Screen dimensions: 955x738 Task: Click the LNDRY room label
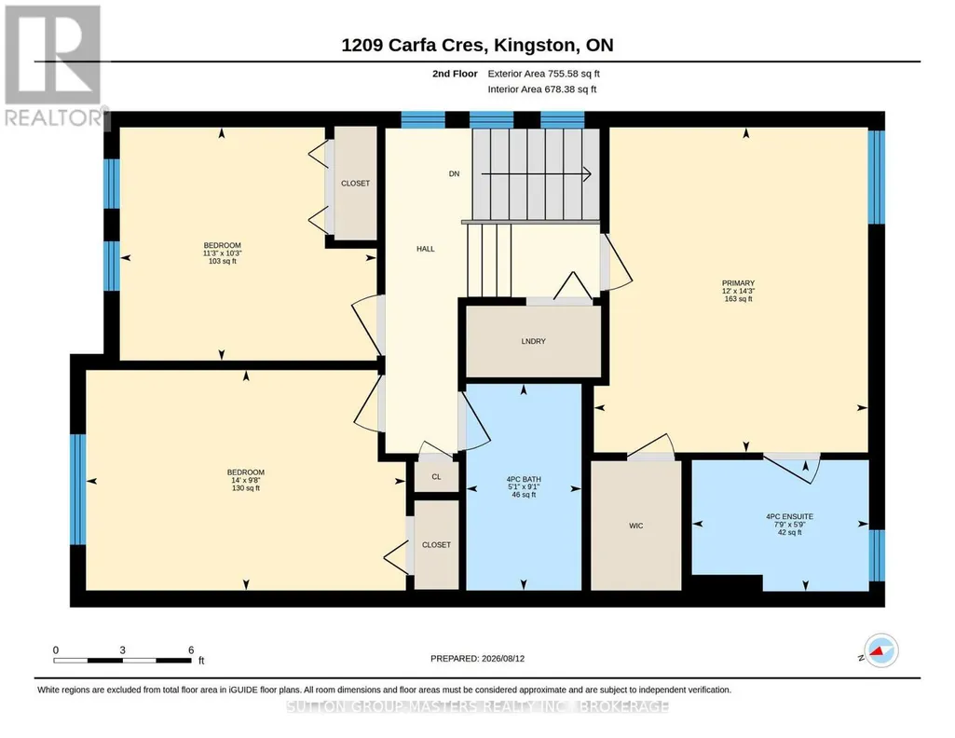pyautogui.click(x=534, y=341)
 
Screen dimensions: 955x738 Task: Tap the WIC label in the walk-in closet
pyautogui.click(x=635, y=526)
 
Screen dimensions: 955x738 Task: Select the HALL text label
pyautogui.click(x=426, y=249)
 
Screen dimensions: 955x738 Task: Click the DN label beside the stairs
pyautogui.click(x=454, y=173)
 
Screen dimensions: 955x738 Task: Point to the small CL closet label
pyautogui.click(x=436, y=477)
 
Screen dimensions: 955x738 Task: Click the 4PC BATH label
pyautogui.click(x=524, y=479)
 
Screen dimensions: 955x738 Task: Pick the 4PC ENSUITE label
pyautogui.click(x=789, y=516)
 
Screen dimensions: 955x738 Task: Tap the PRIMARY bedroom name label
pyautogui.click(x=738, y=283)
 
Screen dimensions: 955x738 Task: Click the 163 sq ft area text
pyautogui.click(x=738, y=299)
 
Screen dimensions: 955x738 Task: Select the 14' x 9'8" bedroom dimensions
pyautogui.click(x=246, y=480)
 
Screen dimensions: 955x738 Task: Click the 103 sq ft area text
pyautogui.click(x=223, y=261)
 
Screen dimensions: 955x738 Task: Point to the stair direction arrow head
pyautogui.click(x=587, y=174)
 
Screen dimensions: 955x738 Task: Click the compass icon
pyautogui.click(x=880, y=650)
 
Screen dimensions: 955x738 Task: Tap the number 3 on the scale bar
pyautogui.click(x=122, y=649)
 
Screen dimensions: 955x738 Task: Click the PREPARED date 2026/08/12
pyautogui.click(x=503, y=658)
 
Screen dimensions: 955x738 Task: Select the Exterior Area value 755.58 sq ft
pyautogui.click(x=574, y=74)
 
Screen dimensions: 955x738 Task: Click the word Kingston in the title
pyautogui.click(x=534, y=45)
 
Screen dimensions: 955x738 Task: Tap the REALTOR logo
pyautogui.click(x=54, y=66)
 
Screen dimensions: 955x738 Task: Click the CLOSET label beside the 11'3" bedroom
pyautogui.click(x=355, y=184)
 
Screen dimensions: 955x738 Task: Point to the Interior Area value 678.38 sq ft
pyautogui.click(x=571, y=89)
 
